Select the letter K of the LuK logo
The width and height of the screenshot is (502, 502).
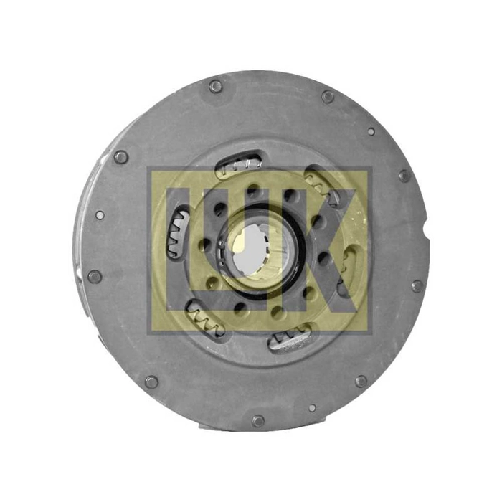323,250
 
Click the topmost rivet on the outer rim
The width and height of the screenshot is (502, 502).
215,87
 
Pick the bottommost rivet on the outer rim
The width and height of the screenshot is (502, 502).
258,421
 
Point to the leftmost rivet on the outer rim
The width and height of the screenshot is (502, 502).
95,277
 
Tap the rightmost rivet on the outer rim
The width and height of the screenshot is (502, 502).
417,286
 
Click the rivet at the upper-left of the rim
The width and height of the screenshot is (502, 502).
121,157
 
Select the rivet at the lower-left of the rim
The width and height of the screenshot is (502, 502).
151,382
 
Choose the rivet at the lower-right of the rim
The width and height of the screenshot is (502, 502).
361,382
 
